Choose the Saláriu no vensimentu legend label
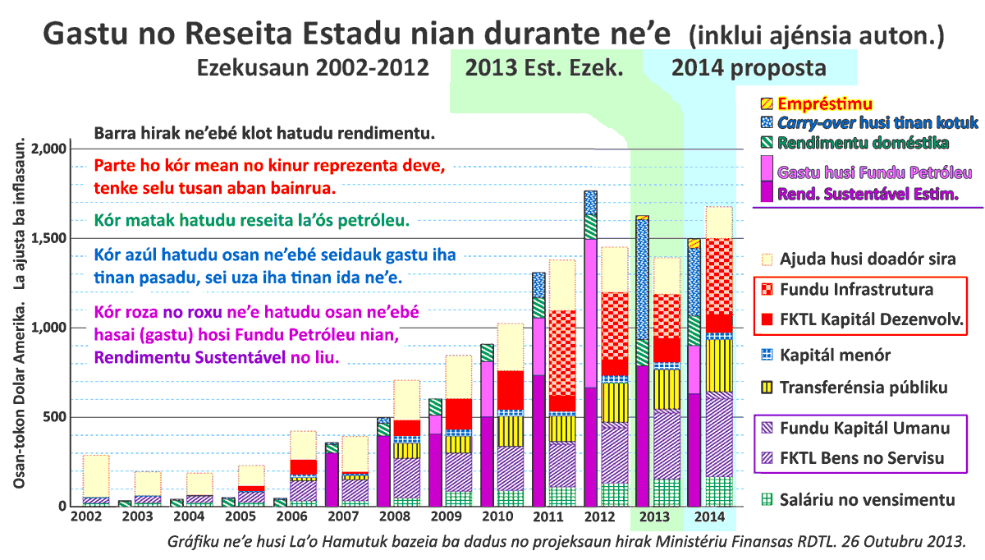click(x=867, y=499)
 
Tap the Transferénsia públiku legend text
click(x=864, y=387)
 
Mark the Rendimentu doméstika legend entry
click(x=864, y=143)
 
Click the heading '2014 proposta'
click(x=749, y=67)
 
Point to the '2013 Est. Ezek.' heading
click(x=543, y=67)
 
